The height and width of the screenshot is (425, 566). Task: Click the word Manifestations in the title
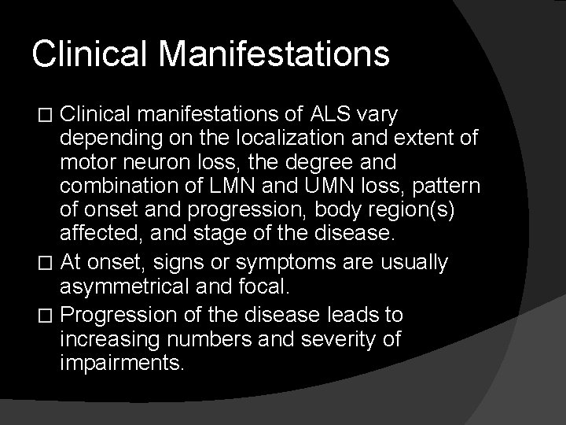[x=276, y=54]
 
